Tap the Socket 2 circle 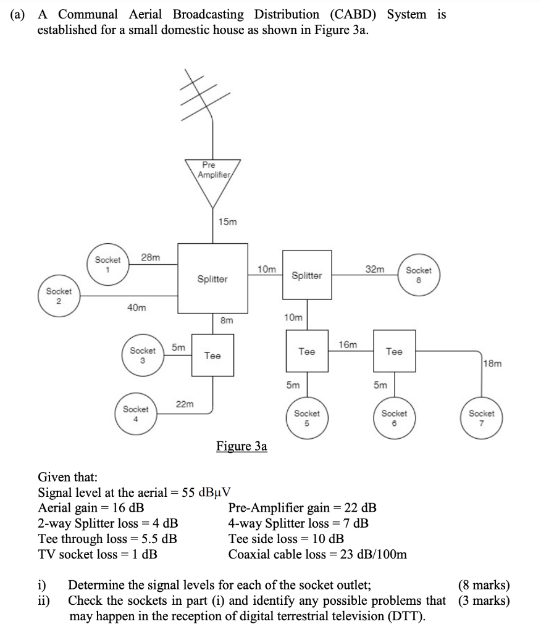[x=59, y=296]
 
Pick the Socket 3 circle [x=143, y=355]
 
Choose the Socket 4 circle [x=136, y=414]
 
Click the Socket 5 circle [x=307, y=417]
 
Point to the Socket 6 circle [x=394, y=417]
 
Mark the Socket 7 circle [x=482, y=418]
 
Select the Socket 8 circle [x=418, y=275]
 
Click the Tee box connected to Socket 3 [x=212, y=355]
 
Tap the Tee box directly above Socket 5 [x=307, y=351]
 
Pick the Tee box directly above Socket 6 [x=394, y=351]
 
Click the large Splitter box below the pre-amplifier [x=212, y=278]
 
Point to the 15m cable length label [x=227, y=222]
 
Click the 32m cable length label [x=374, y=269]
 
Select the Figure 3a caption [x=241, y=446]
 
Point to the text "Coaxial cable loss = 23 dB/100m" [x=317, y=554]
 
